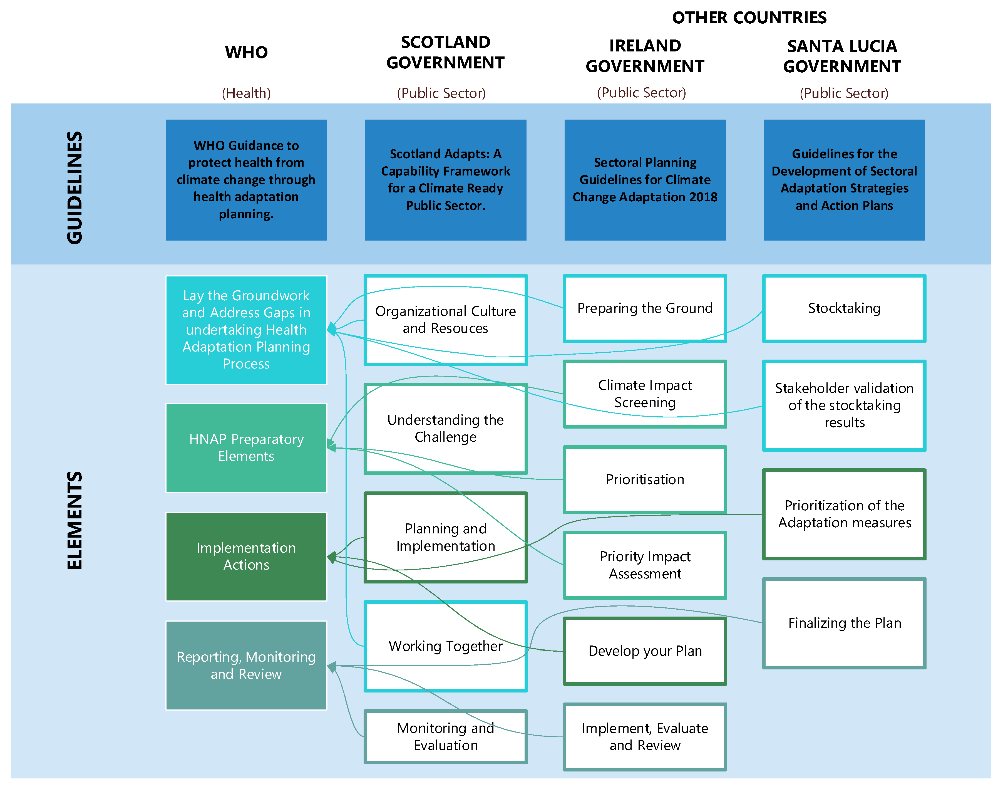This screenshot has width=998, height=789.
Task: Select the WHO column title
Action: (x=246, y=52)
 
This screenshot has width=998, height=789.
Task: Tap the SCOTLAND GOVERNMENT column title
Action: (x=445, y=52)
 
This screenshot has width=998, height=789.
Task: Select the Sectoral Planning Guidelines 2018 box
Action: (x=645, y=180)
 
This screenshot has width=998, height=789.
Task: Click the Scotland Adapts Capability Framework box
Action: (x=445, y=180)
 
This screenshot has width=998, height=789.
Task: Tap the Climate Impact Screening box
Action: (x=645, y=394)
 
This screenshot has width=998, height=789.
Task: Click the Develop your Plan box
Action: (x=645, y=651)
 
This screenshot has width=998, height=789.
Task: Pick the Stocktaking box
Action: (x=844, y=308)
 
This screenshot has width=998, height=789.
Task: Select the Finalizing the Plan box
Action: (x=844, y=623)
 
